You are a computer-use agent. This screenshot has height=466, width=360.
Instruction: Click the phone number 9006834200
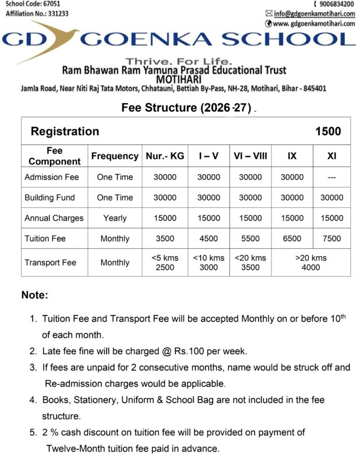(x=333, y=3)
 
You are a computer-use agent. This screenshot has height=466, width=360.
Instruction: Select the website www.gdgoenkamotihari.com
(x=314, y=23)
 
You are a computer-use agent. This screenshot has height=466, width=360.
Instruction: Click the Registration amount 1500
(x=328, y=131)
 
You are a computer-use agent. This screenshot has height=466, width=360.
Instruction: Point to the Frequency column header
(x=115, y=156)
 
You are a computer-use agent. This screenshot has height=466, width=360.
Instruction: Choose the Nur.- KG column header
(x=165, y=156)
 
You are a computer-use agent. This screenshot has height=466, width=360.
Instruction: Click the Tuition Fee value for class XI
(x=332, y=239)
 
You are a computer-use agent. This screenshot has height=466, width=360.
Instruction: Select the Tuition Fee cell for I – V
(x=209, y=239)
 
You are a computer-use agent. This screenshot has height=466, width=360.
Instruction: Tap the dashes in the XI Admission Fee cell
(x=332, y=177)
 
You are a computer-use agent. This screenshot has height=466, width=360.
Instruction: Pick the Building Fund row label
(x=50, y=197)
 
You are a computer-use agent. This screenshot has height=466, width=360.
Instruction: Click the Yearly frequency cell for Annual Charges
(x=115, y=218)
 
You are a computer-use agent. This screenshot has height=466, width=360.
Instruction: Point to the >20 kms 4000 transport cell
(x=311, y=263)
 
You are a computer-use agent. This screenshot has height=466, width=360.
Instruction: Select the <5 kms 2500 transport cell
(x=165, y=263)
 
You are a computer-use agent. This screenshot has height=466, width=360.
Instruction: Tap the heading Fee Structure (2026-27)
(x=186, y=108)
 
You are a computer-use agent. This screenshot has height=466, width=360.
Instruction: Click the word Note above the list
(x=34, y=295)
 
